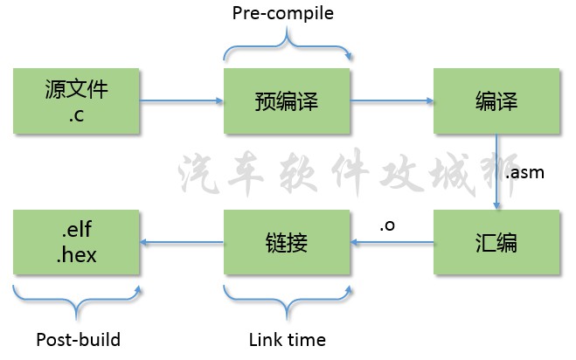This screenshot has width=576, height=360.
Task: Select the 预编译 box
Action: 286,101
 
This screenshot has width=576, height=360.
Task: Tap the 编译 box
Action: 496,101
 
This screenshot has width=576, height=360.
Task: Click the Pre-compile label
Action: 282,14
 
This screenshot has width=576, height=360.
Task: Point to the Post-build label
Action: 78,340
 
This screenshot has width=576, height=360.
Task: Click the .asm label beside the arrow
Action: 525,172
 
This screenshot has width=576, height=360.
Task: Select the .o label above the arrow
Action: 388,225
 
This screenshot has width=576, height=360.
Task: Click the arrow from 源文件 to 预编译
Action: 181,102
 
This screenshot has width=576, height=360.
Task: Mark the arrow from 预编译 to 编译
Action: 391,102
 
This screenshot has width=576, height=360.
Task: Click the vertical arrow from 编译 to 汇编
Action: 496,171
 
